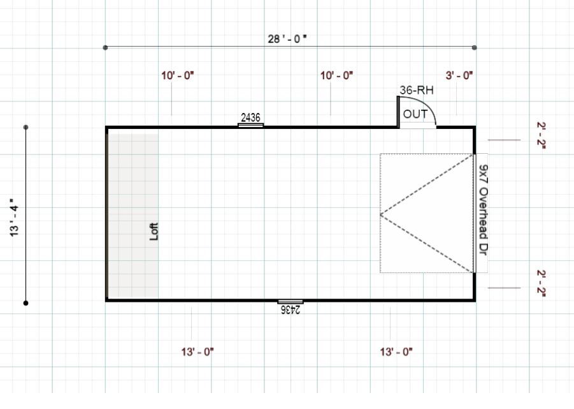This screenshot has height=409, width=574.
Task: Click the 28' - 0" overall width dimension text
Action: click(287, 38)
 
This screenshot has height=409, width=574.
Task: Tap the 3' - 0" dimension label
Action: click(459, 75)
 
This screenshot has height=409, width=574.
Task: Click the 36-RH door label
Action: click(417, 91)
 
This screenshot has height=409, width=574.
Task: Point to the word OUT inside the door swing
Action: click(415, 114)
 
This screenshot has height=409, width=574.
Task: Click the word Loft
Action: click(153, 230)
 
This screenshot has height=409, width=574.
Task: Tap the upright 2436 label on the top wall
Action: click(251, 117)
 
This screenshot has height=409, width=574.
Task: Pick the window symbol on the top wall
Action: click(251, 125)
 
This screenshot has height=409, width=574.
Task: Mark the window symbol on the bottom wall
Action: click(291, 301)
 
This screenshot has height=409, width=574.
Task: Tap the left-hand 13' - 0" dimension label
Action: click(197, 352)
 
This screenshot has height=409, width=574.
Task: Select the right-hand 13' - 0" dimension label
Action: click(396, 352)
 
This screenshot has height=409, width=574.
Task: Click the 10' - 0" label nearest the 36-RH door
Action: click(336, 75)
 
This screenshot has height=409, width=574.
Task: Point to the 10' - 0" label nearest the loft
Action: click(178, 75)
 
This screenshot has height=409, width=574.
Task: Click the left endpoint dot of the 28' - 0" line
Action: click(105, 47)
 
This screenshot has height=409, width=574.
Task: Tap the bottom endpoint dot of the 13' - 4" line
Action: click(26, 302)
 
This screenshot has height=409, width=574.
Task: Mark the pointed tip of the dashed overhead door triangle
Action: click(381, 214)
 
